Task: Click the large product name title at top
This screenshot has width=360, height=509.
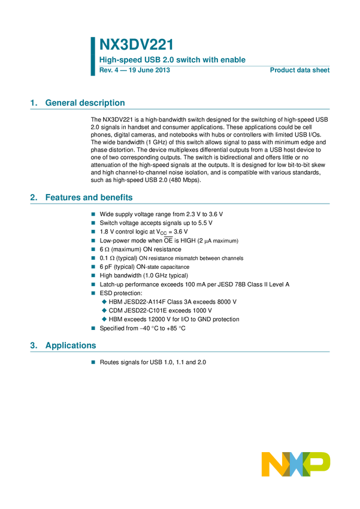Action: pyautogui.click(x=136, y=45)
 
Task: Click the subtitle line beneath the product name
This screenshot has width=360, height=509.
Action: pyautogui.click(x=173, y=60)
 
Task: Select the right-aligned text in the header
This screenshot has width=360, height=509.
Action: pyautogui.click(x=300, y=71)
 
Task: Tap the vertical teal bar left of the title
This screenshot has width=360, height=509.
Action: pyautogui.click(x=93, y=56)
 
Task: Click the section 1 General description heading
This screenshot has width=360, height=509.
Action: pyautogui.click(x=78, y=103)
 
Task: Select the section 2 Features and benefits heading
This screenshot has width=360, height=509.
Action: pyautogui.click(x=81, y=198)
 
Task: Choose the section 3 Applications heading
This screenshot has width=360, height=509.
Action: pyautogui.click(x=63, y=346)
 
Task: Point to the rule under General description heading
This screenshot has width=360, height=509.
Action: pyautogui.click(x=180, y=109)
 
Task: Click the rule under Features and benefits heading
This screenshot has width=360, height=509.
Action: pyautogui.click(x=180, y=204)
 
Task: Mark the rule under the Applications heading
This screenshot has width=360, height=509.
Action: pyautogui.click(x=180, y=352)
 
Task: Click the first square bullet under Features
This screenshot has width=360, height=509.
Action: pyautogui.click(x=93, y=213)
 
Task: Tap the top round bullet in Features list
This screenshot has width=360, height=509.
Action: pyautogui.click(x=104, y=301)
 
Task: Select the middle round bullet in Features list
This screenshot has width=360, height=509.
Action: pyautogui.click(x=104, y=310)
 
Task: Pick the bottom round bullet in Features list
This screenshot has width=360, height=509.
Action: pyautogui.click(x=104, y=319)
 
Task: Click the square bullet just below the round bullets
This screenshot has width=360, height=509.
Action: pyautogui.click(x=93, y=328)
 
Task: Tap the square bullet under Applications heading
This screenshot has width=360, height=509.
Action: pyautogui.click(x=93, y=362)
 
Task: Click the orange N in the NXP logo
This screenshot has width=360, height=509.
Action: pyautogui.click(x=273, y=464)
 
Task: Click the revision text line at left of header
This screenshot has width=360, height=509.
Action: pyautogui.click(x=135, y=71)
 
